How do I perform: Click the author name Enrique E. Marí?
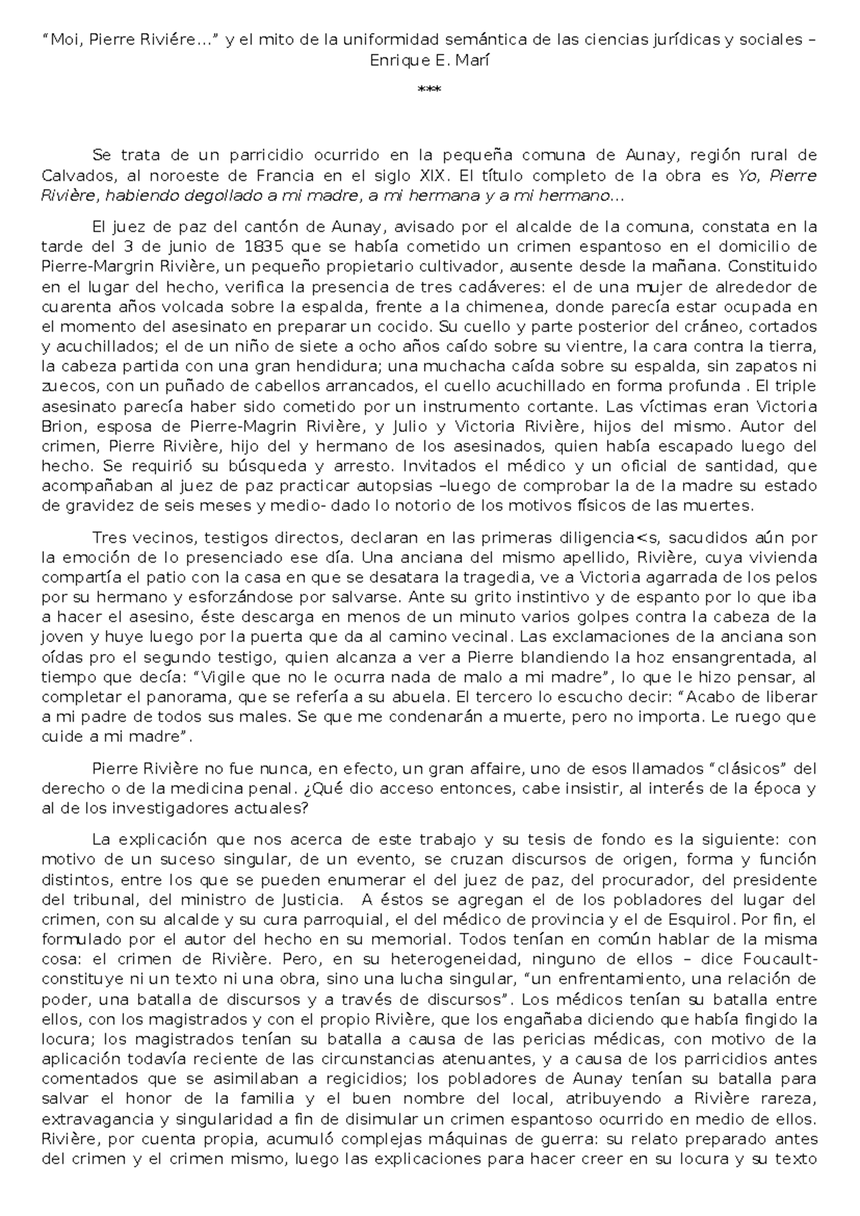tap(429, 60)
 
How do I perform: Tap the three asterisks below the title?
tap(429, 90)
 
